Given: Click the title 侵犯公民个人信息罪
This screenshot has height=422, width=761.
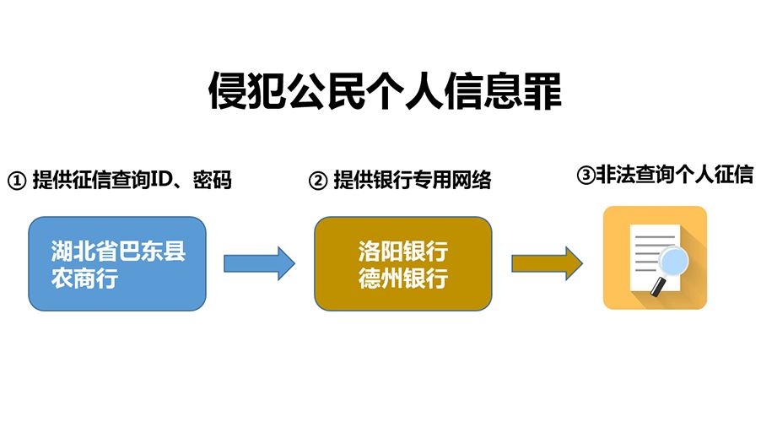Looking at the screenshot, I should pos(384,91).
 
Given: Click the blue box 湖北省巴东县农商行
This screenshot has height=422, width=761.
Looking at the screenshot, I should pos(117,263).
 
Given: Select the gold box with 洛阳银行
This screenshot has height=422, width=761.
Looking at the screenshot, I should pos(402,263).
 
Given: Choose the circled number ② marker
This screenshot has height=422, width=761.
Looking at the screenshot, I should pos(317,181).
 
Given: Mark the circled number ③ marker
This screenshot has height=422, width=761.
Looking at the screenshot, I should pos(585,176).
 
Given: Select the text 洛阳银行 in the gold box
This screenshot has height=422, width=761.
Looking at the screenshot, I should pos(402,251).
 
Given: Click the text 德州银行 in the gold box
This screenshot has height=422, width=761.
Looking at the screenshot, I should pos(402,278).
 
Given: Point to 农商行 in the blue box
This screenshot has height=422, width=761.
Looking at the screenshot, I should pos(84,279).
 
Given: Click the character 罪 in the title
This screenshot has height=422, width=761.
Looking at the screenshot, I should pos(541,91).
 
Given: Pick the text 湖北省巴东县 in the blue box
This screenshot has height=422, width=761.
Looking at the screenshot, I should pos(117,251).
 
